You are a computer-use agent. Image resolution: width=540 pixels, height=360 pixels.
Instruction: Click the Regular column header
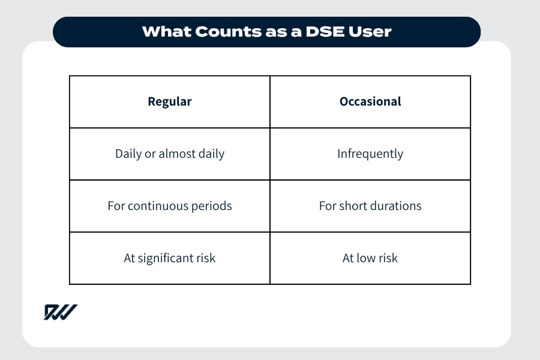(x=170, y=101)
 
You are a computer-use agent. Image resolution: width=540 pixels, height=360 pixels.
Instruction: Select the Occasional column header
(x=370, y=101)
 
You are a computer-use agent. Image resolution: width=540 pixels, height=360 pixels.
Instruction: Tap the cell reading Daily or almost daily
(x=170, y=154)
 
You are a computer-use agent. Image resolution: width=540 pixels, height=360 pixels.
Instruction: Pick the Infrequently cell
(x=370, y=154)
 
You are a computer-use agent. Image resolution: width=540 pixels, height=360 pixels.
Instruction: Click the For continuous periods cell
(x=170, y=206)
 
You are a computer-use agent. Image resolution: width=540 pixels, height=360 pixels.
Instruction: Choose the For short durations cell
(x=370, y=206)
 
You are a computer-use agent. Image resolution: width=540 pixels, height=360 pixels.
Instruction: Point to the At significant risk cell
(x=170, y=258)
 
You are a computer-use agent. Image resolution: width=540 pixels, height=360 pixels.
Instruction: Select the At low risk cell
(x=370, y=258)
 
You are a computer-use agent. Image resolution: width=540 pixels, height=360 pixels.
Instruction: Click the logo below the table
(x=60, y=312)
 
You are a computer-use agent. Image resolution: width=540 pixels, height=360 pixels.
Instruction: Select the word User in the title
(x=371, y=32)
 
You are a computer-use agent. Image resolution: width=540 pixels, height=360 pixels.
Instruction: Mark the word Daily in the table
(x=128, y=154)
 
